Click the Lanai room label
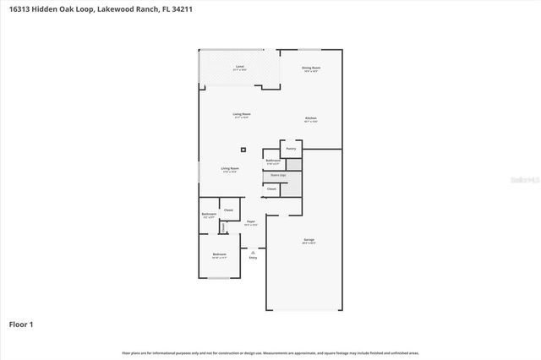click(240, 67)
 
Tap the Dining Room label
click(311, 68)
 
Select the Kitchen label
click(310, 118)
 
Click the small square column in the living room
click(243, 150)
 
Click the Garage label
click(309, 240)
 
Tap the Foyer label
click(251, 222)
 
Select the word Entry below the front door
click(253, 257)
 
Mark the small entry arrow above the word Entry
click(253, 250)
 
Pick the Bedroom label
click(219, 254)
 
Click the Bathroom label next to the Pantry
click(272, 161)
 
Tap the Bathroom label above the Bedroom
click(209, 215)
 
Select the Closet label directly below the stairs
click(271, 189)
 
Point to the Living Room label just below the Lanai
click(242, 114)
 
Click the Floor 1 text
click(21, 324)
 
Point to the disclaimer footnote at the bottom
click(270, 352)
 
